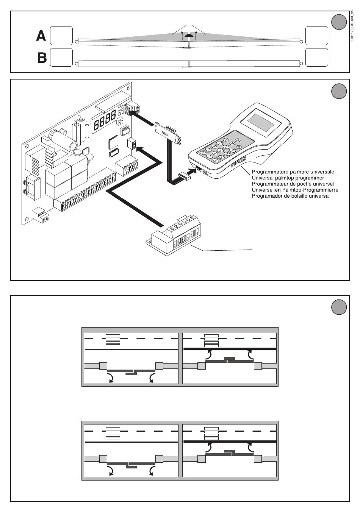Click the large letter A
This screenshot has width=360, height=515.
[41, 36]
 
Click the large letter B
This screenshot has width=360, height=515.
[42, 58]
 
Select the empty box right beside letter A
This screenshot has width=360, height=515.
[61, 36]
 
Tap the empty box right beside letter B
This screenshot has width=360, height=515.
[61, 58]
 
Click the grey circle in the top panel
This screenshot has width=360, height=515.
[339, 22]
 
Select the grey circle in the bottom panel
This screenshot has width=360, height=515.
[339, 307]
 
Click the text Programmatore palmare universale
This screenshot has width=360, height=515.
[293, 172]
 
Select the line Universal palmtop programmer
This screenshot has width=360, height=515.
[288, 178]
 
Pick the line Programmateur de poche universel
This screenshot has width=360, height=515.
[293, 184]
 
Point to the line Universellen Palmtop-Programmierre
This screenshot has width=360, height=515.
[295, 190]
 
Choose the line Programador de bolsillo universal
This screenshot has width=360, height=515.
[291, 196]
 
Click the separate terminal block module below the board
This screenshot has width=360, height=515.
[174, 237]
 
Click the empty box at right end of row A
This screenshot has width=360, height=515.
[316, 36]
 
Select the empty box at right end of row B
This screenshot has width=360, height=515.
[316, 58]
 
